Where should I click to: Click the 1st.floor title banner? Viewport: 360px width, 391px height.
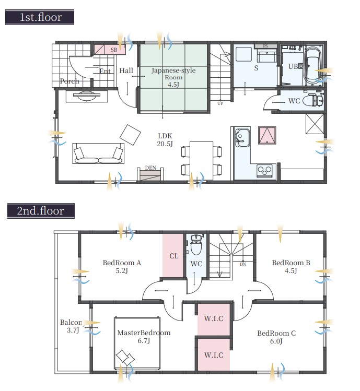pos(39,17)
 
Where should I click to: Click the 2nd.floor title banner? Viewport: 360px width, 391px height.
pos(41,211)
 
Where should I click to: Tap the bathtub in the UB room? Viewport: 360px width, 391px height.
pos(313,66)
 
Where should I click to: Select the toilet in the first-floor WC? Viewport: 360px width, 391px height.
pos(313,101)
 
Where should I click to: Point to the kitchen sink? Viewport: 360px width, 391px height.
pos(242,138)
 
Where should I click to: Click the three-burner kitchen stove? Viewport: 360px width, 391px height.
pos(264,171)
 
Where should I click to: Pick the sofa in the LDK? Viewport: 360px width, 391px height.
pos(98,153)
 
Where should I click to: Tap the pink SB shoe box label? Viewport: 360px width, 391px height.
pos(114,50)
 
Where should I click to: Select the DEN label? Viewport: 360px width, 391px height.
pos(150,168)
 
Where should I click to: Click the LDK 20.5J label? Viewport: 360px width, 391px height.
pos(165,140)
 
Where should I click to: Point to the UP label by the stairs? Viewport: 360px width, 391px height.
pos(220,103)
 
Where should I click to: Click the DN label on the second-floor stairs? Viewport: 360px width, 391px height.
pos(243,264)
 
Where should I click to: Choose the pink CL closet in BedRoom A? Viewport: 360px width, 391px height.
pos(173,255)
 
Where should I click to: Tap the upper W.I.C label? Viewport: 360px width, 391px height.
pos(214,318)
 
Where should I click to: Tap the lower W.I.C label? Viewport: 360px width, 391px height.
pos(214,355)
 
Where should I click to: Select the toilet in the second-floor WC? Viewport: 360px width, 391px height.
pos(196,245)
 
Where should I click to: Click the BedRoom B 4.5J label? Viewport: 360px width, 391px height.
pos(291,267)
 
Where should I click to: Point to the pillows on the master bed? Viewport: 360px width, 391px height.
pos(125,358)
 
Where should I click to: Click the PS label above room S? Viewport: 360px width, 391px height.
pos(265,46)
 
